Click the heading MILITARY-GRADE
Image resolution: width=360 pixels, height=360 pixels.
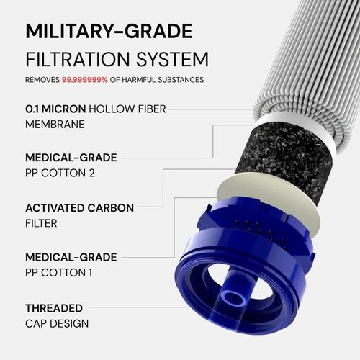click(109, 32)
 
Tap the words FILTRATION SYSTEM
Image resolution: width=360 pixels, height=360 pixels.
click(117, 59)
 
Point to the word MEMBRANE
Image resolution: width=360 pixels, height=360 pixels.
click(55, 124)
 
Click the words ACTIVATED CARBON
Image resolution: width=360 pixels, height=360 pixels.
click(79, 207)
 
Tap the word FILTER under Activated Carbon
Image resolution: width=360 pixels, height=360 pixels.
click(41, 223)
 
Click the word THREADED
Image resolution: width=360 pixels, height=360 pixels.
click(54, 307)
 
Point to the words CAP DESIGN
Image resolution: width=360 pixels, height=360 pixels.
click(57, 323)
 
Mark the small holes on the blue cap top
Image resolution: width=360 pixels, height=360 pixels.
click(253, 230)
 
